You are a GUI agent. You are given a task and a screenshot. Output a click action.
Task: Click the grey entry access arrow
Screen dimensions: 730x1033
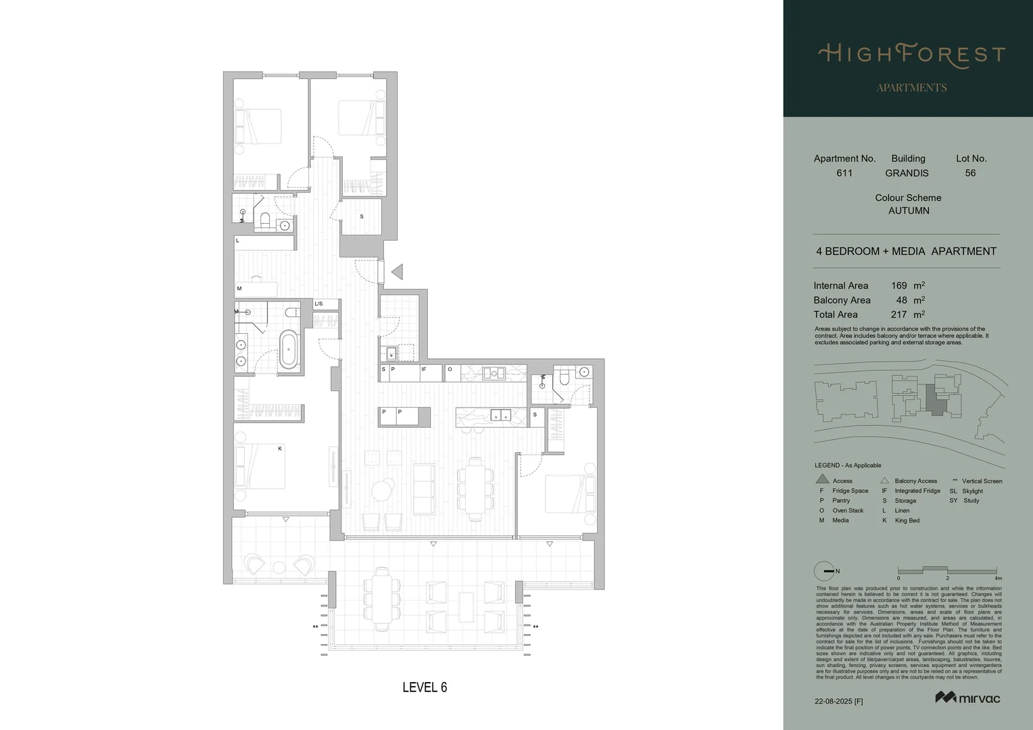(398, 272)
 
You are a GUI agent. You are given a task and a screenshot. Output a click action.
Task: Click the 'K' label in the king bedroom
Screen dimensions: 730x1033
(280, 448)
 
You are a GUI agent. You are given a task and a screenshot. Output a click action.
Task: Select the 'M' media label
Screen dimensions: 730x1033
(239, 289)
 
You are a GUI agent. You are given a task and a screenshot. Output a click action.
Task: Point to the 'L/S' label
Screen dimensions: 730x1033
(318, 304)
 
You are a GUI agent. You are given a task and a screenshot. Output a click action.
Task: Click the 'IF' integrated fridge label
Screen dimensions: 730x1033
(424, 370)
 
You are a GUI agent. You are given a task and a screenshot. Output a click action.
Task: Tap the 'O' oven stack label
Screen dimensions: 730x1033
(450, 370)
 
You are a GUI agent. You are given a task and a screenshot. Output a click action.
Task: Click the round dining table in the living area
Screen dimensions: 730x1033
(383, 490)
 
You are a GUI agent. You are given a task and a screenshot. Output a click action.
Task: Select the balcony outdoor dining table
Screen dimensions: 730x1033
(383, 600)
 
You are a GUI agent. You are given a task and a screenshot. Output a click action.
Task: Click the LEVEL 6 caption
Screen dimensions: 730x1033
(425, 687)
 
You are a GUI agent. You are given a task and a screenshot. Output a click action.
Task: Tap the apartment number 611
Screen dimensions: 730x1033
(844, 173)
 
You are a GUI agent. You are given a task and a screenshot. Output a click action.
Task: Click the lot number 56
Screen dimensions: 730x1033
(970, 173)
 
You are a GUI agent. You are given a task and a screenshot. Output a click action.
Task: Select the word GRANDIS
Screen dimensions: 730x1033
(907, 173)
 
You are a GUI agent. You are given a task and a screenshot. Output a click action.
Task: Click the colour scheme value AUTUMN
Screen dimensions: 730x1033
(909, 211)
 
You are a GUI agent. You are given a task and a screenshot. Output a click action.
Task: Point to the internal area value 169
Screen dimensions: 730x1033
(898, 286)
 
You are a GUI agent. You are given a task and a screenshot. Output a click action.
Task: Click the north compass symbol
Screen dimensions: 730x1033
(824, 571)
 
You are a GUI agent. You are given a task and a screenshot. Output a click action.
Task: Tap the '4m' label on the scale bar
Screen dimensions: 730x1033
(998, 579)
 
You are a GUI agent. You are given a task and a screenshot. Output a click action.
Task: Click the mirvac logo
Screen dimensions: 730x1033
(967, 698)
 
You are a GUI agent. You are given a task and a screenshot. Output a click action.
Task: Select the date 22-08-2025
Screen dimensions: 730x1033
(834, 702)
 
